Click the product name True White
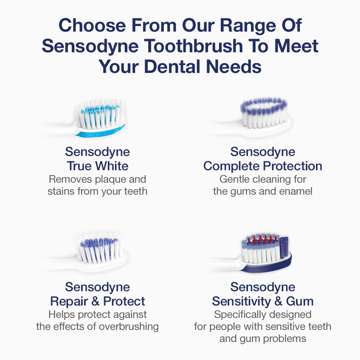pos(98,166)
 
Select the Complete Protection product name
pos(263,166)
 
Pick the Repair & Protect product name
pos(98,301)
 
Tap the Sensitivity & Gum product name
pos(263,301)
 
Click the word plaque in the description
pos(111,180)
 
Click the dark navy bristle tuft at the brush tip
pos(284,247)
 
